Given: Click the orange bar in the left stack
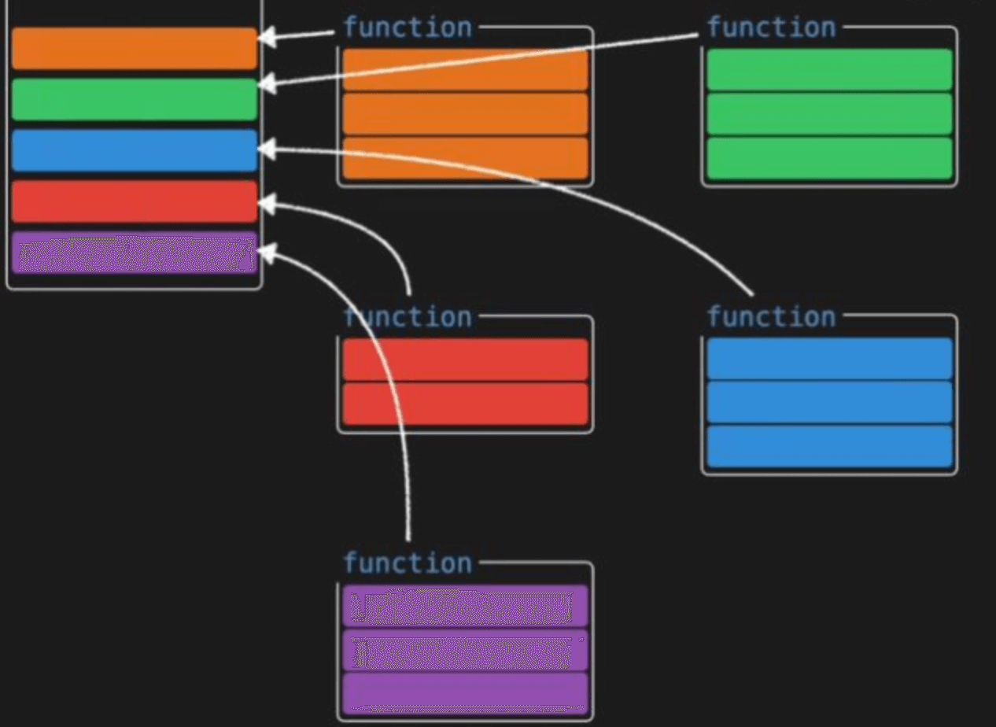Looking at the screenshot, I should point(134,48).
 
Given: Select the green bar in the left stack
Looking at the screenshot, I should point(134,99).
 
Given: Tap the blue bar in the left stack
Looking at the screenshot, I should point(134,150).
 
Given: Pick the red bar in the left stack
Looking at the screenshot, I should point(134,201).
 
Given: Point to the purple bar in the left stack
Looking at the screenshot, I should point(134,253).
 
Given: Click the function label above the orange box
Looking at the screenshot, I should point(408,28).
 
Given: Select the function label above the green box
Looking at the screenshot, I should point(771,28).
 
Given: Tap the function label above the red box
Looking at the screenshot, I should point(408,317).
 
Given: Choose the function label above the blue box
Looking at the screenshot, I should point(771,317).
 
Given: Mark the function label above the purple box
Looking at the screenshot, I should point(408,563).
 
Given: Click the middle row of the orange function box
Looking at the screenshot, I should point(466,114).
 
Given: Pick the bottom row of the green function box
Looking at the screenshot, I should point(829,158).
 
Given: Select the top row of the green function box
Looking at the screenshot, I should point(829,69).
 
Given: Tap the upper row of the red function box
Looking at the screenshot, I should point(466,360).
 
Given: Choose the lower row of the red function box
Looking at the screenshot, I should point(466,404).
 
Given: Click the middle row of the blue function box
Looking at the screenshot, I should point(829,403).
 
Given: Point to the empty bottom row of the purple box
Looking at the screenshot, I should point(466,693).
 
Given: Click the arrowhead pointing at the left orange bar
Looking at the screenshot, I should point(267,37).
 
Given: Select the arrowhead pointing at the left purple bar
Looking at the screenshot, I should point(267,253).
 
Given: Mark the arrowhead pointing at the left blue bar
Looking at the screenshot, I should point(267,147).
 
